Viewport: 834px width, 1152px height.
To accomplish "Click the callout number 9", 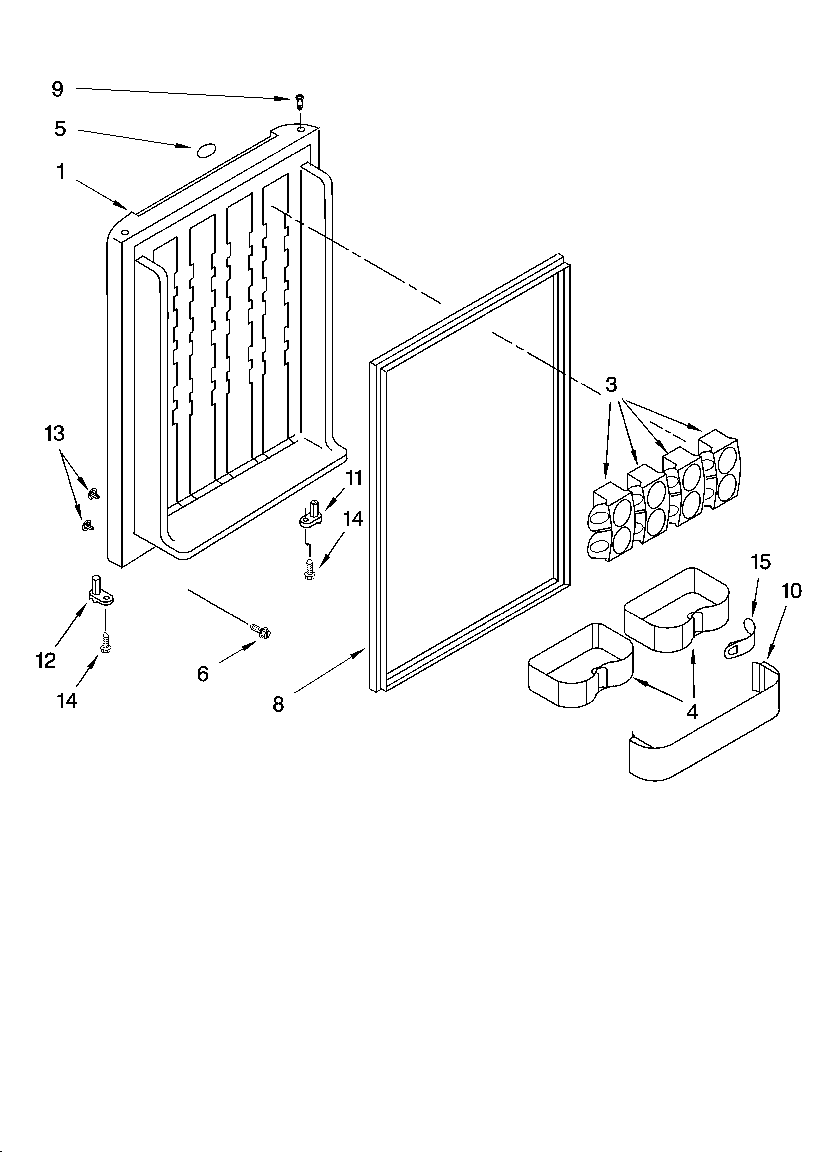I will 57,89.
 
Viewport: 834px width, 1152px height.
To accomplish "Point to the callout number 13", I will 54,433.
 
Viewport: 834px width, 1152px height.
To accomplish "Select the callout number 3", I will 611,384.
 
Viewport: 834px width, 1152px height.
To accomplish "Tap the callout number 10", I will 791,591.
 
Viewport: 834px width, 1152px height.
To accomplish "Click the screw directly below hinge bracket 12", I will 106,643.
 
